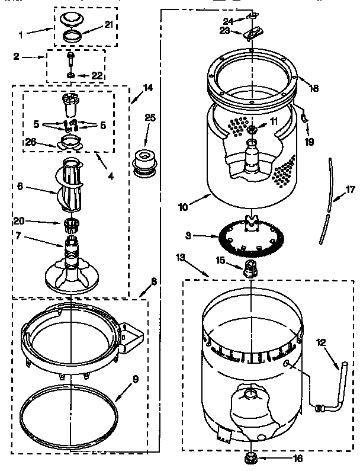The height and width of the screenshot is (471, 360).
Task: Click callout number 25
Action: pyautogui.click(x=150, y=117)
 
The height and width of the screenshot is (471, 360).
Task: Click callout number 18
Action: pyautogui.click(x=314, y=88)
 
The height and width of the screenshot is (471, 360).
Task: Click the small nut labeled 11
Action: pyautogui.click(x=253, y=130)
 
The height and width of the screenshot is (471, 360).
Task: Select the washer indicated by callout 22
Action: pyautogui.click(x=71, y=75)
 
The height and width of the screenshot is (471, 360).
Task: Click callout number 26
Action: pyautogui.click(x=30, y=141)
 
